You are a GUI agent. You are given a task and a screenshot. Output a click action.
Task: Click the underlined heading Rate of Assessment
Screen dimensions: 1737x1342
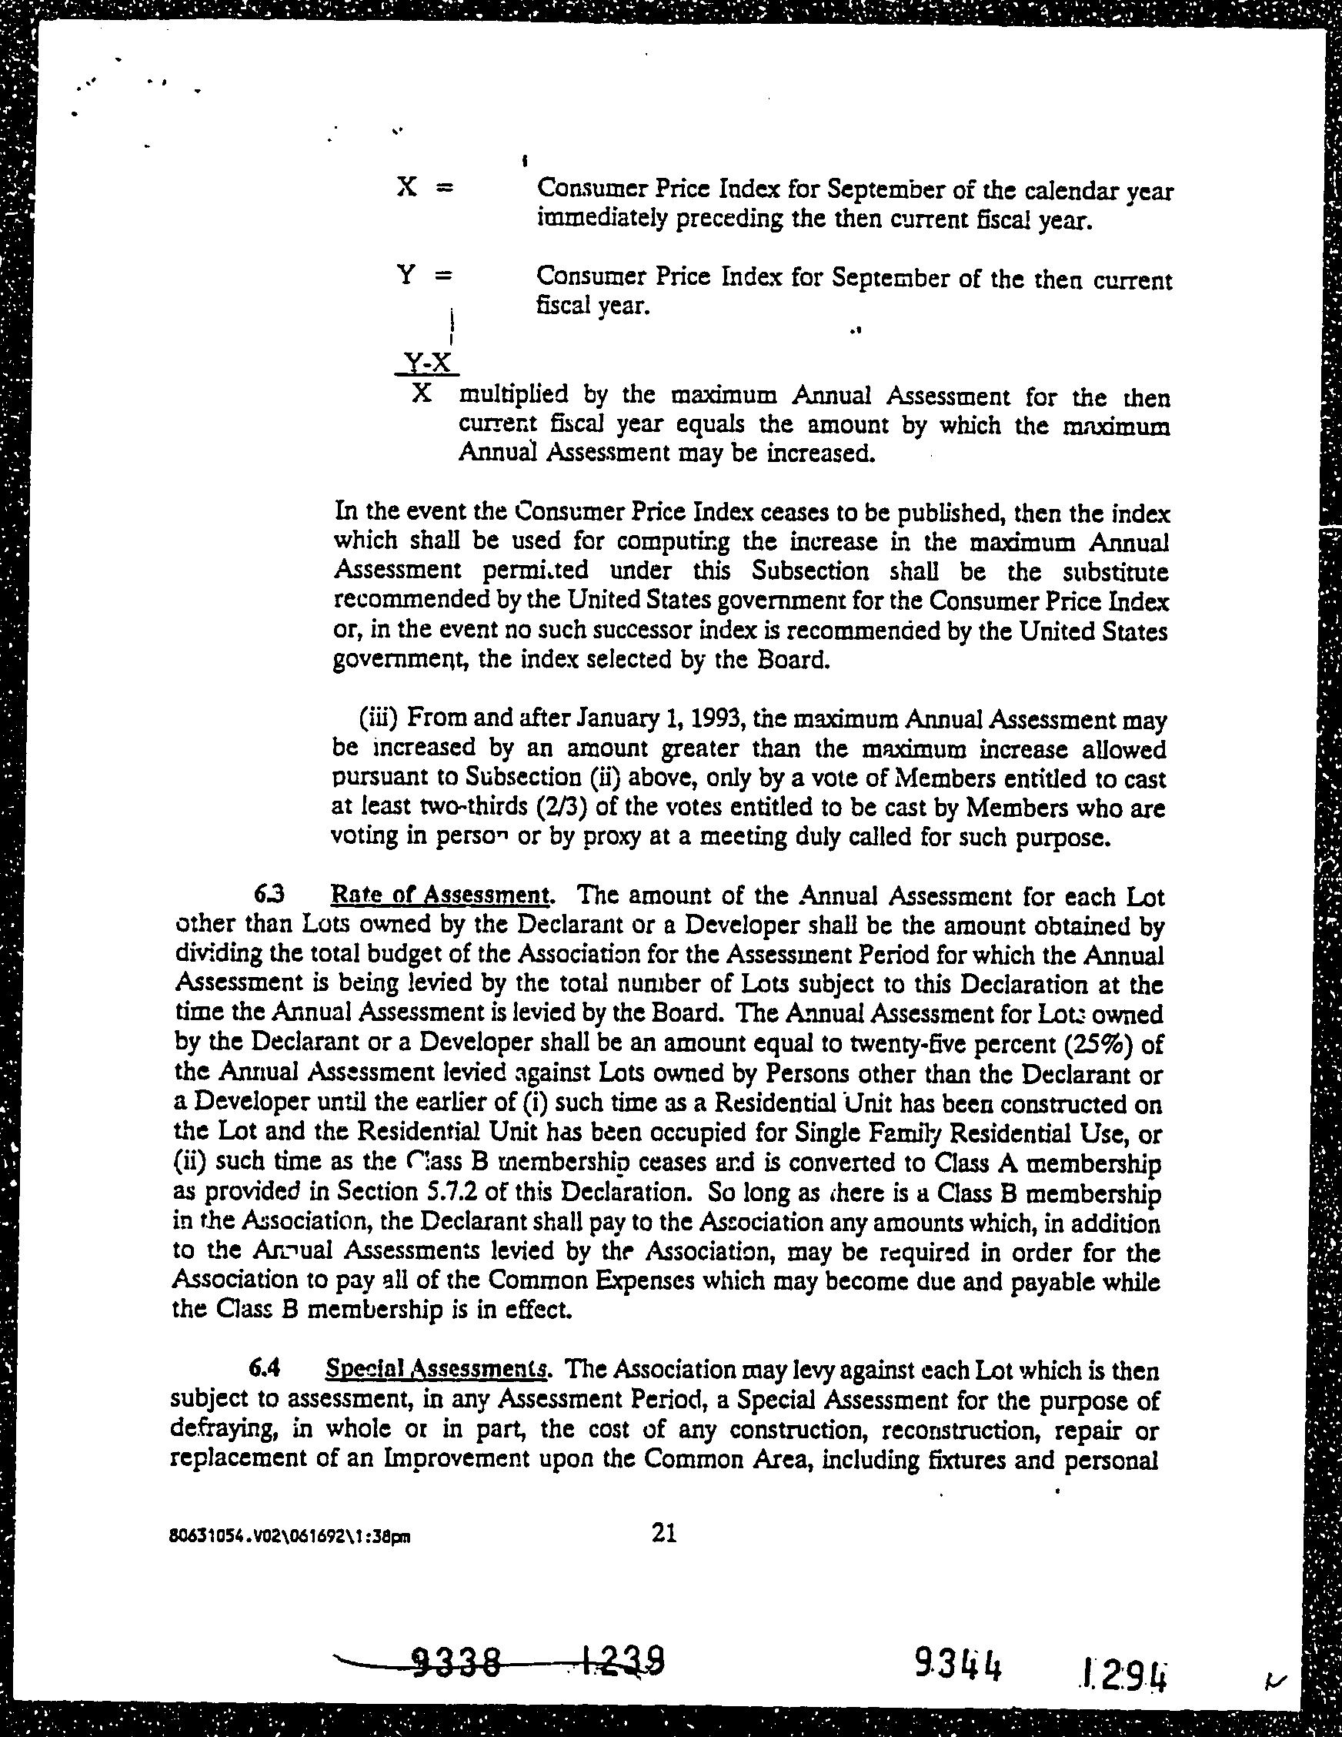[439, 896]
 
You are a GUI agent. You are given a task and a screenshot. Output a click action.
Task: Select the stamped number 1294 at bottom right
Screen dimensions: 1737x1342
[1124, 1667]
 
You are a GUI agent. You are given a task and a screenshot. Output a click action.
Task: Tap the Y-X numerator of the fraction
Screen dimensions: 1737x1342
[428, 363]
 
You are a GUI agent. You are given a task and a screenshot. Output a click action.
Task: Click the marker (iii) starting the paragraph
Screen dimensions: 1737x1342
[380, 719]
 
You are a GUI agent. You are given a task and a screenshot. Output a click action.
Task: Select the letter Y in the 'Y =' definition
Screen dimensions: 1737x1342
[406, 276]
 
